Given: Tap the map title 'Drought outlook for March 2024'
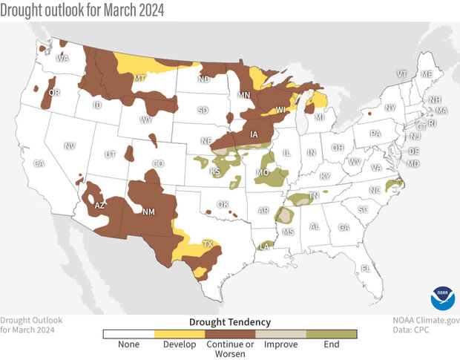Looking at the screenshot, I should (82, 10).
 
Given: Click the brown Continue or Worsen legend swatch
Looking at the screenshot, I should (230, 334).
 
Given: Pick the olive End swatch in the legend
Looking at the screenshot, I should (332, 334).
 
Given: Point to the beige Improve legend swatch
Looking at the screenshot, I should (281, 334).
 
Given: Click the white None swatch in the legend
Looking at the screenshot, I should (128, 334).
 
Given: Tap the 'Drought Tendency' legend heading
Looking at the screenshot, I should (230, 321).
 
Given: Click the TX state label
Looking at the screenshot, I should (208, 243).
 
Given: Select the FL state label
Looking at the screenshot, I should (365, 268).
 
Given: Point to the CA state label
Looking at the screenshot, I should (39, 163).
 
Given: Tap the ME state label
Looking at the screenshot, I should (427, 74).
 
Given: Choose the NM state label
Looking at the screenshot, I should (147, 211).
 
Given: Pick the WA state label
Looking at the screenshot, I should (63, 58).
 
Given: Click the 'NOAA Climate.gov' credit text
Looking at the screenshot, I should (426, 320).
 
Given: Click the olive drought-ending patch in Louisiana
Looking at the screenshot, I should (264, 246).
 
